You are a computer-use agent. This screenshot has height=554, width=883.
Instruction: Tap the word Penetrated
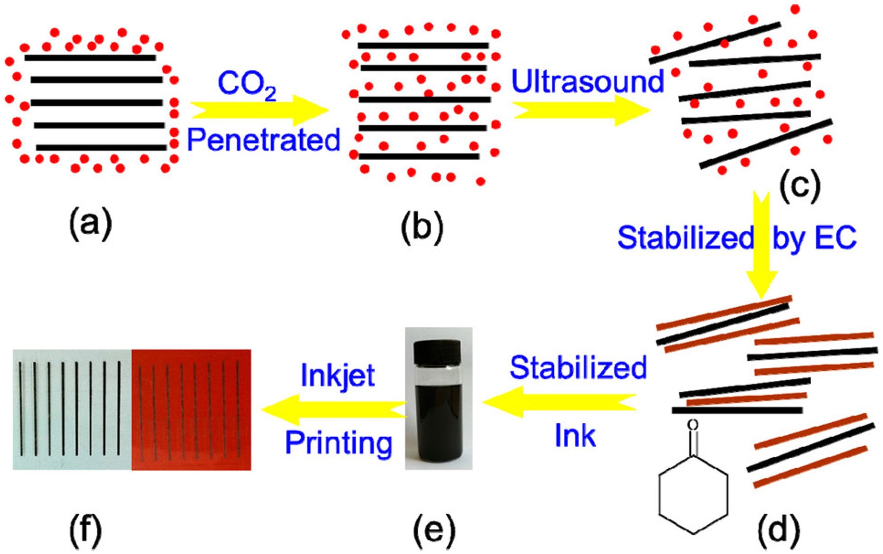click(264, 141)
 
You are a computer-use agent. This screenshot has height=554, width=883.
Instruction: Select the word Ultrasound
click(587, 81)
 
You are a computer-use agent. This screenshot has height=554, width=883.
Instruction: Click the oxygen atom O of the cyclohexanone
click(692, 425)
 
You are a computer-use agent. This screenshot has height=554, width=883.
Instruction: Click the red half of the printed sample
click(191, 410)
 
